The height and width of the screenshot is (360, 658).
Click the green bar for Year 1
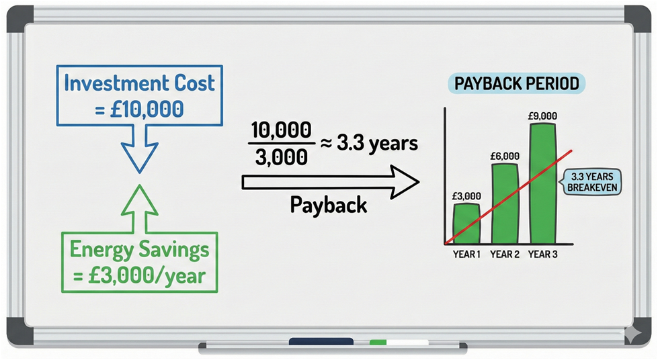point(466,224)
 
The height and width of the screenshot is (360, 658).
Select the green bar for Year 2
point(504,204)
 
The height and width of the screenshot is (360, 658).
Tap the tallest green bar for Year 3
point(542,184)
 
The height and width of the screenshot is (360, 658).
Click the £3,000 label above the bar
point(466,196)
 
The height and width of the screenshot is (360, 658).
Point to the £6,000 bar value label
point(504,156)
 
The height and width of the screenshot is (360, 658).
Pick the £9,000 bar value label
point(542,116)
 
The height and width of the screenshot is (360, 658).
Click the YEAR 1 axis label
point(466,255)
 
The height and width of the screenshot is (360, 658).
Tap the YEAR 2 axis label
point(504,255)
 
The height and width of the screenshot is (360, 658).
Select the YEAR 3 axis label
point(542,255)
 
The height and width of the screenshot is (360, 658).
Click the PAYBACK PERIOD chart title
point(517,83)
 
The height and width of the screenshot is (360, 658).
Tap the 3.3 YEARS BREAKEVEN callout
point(591,181)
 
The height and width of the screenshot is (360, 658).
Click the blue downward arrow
point(140,149)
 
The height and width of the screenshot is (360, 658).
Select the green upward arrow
point(140,208)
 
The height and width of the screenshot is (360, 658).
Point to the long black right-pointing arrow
point(330,182)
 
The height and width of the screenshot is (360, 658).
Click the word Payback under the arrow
point(329,205)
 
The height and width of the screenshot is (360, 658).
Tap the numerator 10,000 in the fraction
point(281,130)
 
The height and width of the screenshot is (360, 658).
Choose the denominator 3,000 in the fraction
point(281,157)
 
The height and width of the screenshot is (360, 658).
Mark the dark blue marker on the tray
point(321,342)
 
